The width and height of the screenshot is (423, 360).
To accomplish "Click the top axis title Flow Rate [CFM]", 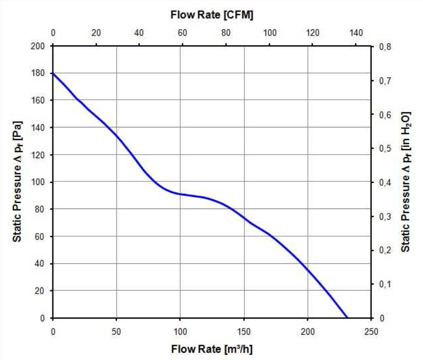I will (212, 15).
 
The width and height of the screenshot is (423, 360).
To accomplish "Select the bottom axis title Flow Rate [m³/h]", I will (212, 348).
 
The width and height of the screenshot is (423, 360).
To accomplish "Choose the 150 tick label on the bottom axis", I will (244, 332).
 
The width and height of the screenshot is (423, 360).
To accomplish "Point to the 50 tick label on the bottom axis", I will (116, 332).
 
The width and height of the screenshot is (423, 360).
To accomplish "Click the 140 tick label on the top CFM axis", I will (356, 33).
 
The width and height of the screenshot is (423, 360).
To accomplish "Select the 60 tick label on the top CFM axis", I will (182, 33).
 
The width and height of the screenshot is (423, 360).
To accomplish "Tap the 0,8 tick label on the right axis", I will (384, 47).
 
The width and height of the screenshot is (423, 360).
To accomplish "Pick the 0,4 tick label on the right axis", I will (384, 182).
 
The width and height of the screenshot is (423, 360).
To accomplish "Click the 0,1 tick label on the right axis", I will (384, 284).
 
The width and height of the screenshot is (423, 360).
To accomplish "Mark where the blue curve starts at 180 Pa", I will (53, 74).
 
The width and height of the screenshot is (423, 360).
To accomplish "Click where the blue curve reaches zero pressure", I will (347, 317).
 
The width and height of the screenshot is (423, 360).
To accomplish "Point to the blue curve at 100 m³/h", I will (180, 194).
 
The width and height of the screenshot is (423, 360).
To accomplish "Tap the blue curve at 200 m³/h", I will (308, 270).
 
